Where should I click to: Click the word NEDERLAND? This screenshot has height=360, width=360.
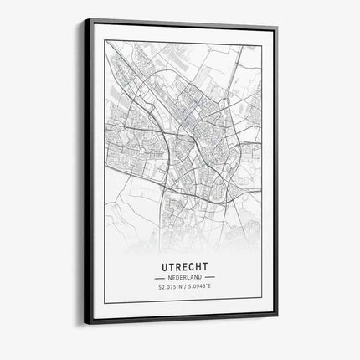click(x=184, y=276)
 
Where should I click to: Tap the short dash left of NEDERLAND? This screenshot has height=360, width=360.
click(x=159, y=276)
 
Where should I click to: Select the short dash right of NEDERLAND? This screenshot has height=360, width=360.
click(x=209, y=276)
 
